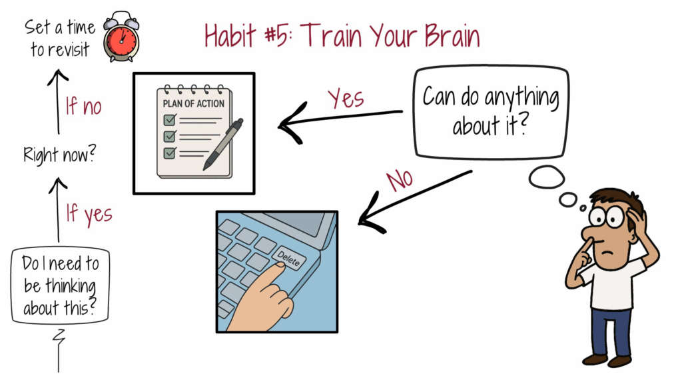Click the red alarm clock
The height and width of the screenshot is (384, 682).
[121, 37]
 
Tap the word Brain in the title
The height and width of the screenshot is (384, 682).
[452, 35]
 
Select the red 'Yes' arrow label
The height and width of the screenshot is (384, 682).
[346, 98]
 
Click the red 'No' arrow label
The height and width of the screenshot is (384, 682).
[400, 180]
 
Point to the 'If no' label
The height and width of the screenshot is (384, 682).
[83, 106]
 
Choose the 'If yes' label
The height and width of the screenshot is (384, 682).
[89, 214]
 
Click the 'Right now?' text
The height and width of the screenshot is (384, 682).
[59, 154]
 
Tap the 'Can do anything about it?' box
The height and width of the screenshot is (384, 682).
[491, 111]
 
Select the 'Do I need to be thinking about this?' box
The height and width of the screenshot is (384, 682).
[60, 285]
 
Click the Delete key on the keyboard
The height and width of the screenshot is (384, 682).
[289, 259]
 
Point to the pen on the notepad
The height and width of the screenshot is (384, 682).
[223, 144]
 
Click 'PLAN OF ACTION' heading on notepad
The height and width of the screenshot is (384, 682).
[194, 103]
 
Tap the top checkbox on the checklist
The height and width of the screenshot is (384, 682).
[170, 119]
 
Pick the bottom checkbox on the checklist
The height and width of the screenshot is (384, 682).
[170, 153]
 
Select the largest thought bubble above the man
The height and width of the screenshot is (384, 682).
[547, 177]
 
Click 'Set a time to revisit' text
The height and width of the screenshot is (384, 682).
[60, 38]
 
